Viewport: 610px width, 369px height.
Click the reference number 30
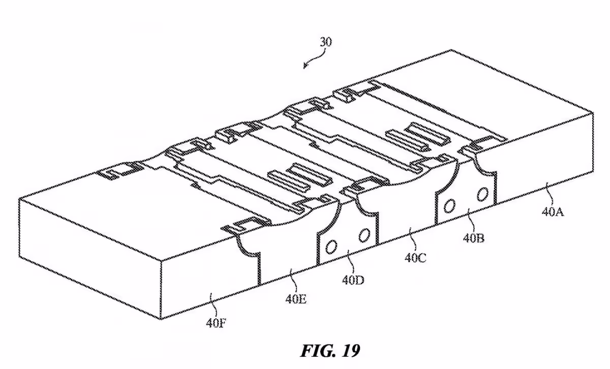click(x=326, y=43)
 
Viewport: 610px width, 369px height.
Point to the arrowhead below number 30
click(x=306, y=66)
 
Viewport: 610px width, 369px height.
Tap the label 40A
click(x=553, y=212)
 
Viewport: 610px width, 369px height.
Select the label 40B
click(x=474, y=238)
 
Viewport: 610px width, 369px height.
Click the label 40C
click(x=415, y=258)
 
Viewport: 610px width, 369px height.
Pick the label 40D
click(x=353, y=280)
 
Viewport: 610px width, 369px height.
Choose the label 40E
click(x=296, y=299)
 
